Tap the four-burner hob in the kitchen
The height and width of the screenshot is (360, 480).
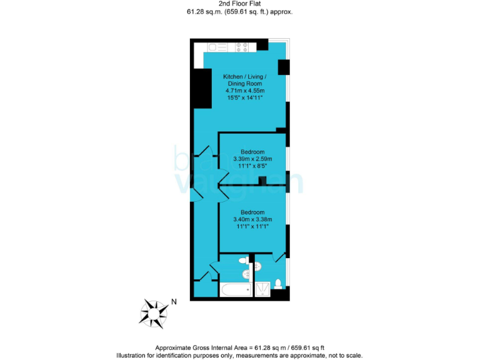pos(242,47)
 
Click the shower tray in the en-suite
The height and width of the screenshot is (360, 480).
pos(262,289)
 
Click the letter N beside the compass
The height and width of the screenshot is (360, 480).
pos(174,302)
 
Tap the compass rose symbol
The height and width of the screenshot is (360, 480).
pos(154,311)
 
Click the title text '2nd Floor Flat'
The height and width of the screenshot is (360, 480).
pos(240,4)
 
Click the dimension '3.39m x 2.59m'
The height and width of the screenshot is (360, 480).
pos(252,159)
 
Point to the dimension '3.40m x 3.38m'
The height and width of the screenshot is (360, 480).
pos(252,219)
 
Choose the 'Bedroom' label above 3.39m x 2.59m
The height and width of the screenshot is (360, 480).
pos(252,152)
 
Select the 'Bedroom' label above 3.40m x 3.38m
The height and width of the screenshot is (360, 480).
pos(252,212)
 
